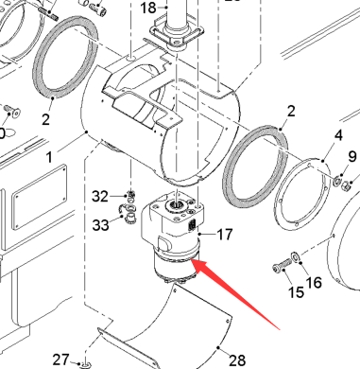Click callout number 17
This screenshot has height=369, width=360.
click(225, 235)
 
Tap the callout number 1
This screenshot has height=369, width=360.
click(49, 157)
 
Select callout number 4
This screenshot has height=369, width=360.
click(338, 135)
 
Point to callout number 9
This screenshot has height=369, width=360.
click(352, 157)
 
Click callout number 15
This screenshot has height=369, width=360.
click(296, 292)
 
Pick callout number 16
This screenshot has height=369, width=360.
click(314, 283)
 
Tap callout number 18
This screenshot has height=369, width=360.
click(147, 8)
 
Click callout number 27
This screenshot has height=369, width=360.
click(60, 360)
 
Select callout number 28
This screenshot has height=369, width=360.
click(237, 360)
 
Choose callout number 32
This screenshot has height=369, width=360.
click(100, 197)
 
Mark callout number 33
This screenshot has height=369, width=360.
click(100, 225)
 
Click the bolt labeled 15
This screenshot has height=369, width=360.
click(282, 265)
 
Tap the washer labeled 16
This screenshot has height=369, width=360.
click(296, 256)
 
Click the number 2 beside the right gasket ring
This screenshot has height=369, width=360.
click(291, 112)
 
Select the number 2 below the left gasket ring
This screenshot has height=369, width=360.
click(45, 119)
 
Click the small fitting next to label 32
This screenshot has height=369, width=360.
click(131, 196)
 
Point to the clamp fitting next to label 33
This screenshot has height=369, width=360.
click(129, 213)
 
